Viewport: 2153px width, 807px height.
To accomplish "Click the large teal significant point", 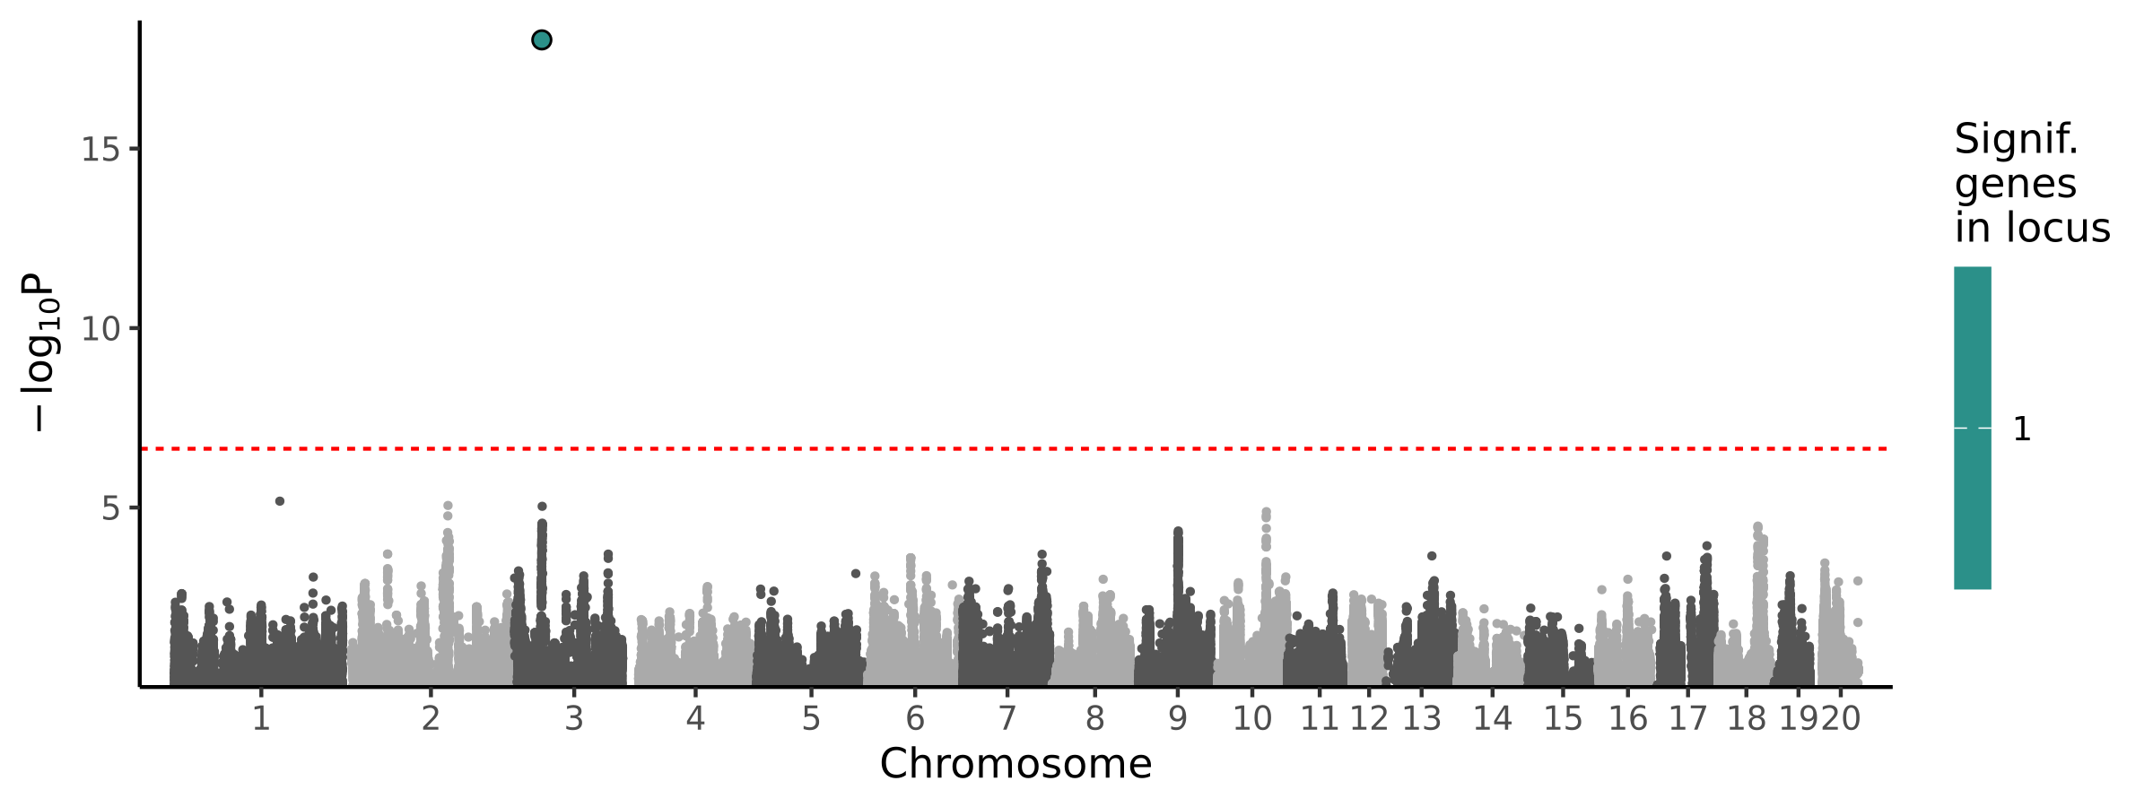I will tap(541, 40).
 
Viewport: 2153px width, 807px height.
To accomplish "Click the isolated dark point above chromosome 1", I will tap(280, 501).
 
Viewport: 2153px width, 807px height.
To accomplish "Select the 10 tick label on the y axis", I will tap(100, 329).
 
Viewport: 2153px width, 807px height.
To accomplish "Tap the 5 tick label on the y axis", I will tap(110, 508).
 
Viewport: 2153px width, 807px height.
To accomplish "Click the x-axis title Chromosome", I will tap(1015, 764).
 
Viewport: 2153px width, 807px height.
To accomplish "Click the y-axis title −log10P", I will tap(40, 351).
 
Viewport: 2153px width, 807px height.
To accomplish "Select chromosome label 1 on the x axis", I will tap(261, 718).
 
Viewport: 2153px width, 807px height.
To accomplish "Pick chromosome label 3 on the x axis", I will tap(574, 718).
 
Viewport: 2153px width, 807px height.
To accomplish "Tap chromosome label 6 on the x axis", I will tap(915, 718).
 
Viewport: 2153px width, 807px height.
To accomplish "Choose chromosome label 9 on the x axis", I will tap(1178, 718).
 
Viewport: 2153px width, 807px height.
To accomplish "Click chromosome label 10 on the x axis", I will tap(1252, 718).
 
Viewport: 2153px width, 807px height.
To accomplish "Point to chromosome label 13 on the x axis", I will tap(1422, 718).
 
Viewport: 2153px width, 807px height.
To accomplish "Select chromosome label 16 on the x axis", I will tap(1628, 718).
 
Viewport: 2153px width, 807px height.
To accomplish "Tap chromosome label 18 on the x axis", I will tap(1747, 718).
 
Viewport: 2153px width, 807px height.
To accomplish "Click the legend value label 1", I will tap(2022, 430).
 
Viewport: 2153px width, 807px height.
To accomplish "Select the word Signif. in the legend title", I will tap(2017, 140).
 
